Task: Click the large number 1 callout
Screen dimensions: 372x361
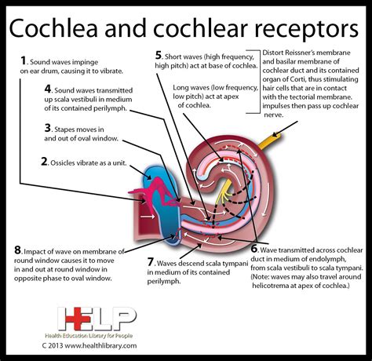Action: pos(24,60)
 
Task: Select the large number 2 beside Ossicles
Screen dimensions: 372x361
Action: pos(45,162)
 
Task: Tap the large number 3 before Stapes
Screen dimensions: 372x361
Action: pos(48,128)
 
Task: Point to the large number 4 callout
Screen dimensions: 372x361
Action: pos(48,89)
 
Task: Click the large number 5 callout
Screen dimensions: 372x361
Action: pos(159,55)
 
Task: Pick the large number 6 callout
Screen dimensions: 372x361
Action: pos(254,249)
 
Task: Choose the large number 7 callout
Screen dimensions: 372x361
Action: pos(151,261)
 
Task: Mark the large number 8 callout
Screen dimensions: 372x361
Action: pos(17,250)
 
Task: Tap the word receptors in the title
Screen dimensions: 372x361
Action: pos(307,29)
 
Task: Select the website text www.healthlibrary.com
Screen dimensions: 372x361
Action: pos(100,345)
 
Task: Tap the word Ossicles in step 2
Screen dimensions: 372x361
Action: pos(62,162)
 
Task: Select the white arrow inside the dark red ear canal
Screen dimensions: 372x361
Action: pos(147,217)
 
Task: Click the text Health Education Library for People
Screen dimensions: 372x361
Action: pos(89,336)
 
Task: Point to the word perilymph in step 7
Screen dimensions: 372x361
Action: pos(163,281)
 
